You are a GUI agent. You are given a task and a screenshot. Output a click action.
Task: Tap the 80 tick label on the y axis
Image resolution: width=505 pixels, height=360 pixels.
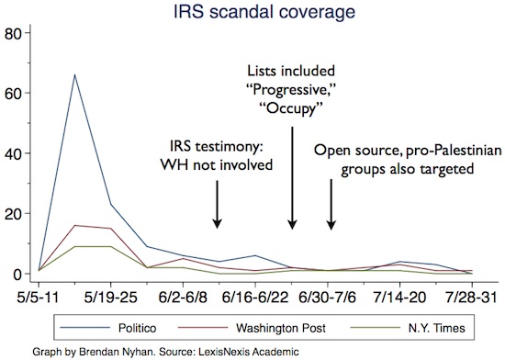12,35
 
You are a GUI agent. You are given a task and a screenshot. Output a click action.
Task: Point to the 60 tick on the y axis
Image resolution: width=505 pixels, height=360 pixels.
12,95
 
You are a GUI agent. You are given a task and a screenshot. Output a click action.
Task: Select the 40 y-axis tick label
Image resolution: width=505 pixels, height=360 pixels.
12,154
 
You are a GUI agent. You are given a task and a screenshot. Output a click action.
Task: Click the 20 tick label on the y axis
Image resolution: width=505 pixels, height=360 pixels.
12,214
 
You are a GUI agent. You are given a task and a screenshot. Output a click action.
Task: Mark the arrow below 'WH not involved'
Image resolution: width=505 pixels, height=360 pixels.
217,203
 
